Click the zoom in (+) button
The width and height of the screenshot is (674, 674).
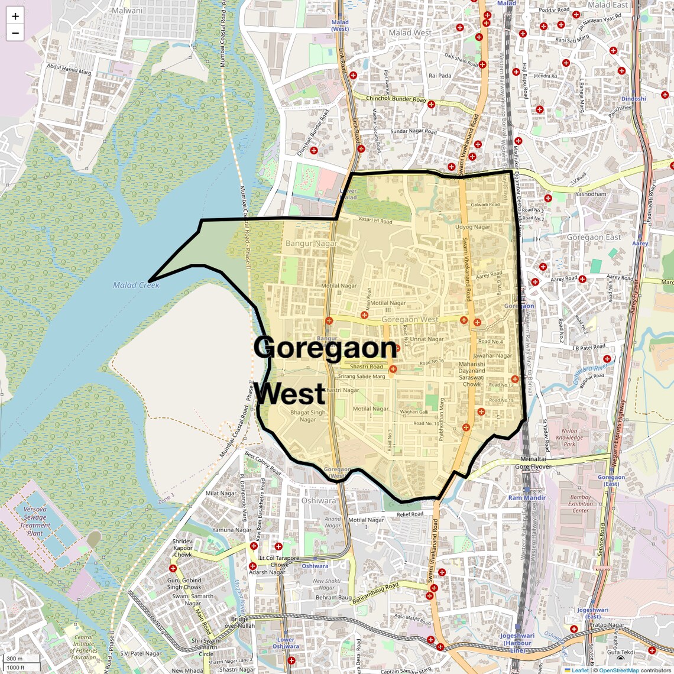pyautogui.click(x=15, y=16)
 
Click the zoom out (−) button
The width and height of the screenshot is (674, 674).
pyautogui.click(x=15, y=33)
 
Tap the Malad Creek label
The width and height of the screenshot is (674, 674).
pyautogui.click(x=136, y=285)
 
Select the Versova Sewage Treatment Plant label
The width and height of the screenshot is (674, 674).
pyautogui.click(x=35, y=521)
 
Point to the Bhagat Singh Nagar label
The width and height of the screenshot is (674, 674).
pyautogui.click(x=307, y=416)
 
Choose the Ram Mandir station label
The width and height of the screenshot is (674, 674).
pyautogui.click(x=527, y=498)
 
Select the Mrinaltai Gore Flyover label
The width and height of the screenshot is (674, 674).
pyautogui.click(x=533, y=462)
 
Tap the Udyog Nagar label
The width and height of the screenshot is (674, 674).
pyautogui.click(x=472, y=226)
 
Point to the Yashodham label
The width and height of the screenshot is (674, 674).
pyautogui.click(x=591, y=194)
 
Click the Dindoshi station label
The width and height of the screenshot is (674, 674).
pyautogui.click(x=633, y=99)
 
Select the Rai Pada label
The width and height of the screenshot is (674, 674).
pyautogui.click(x=440, y=76)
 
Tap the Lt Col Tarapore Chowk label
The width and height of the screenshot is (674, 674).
pyautogui.click(x=279, y=561)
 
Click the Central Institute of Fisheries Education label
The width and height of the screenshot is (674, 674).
pyautogui.click(x=83, y=647)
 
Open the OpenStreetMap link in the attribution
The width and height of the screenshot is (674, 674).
pyautogui.click(x=618, y=670)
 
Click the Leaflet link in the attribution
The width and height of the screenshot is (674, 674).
pyautogui.click(x=579, y=670)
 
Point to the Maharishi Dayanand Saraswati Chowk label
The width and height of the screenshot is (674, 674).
pyautogui.click(x=471, y=374)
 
